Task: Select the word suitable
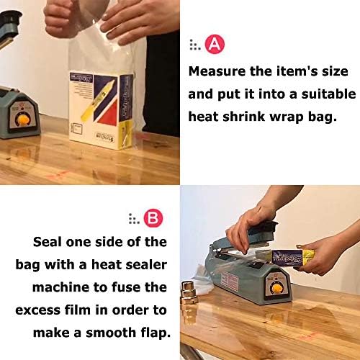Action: point(325,94)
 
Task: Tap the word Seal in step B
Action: point(51,241)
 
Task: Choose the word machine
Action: point(60,287)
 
